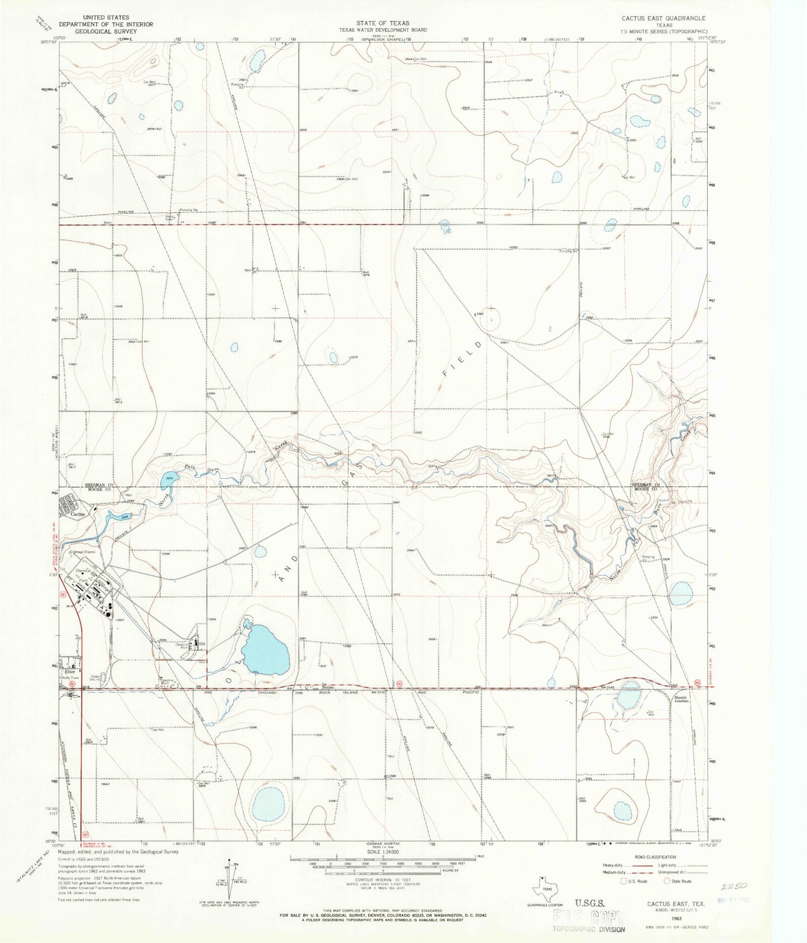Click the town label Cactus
78,514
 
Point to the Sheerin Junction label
681,699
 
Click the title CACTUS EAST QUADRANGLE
663,18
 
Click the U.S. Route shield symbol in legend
624,881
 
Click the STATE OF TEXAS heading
383,23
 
